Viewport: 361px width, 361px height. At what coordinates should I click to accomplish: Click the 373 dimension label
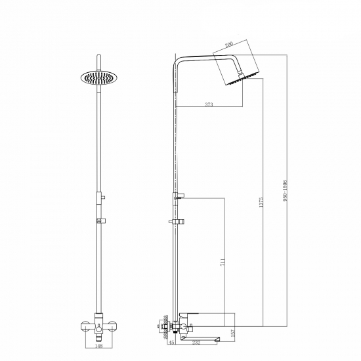[208, 104]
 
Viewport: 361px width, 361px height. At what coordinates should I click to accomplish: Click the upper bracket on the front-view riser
[100, 196]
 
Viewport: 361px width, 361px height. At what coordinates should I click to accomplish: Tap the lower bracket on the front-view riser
[100, 221]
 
